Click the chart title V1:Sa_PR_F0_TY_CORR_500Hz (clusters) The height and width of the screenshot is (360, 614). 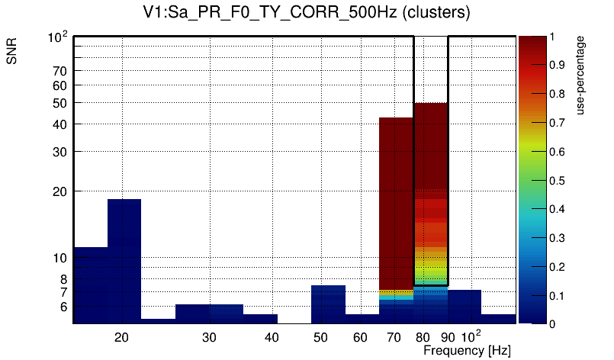pos(307,13)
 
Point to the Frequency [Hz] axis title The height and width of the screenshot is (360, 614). pos(467,350)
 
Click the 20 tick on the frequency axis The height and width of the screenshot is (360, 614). pos(121,336)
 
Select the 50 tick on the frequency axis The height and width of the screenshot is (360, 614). pos(320,336)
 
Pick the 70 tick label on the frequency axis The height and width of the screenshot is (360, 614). pos(394,336)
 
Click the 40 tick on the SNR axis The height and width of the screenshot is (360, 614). pos(60,124)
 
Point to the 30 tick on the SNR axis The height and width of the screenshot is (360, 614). pos(60,151)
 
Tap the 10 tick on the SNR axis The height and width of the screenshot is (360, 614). pos(60,258)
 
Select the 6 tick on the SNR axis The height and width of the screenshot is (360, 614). pos(63,307)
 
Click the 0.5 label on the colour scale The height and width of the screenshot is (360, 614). pos(558,181)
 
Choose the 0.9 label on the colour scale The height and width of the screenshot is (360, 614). pos(558,66)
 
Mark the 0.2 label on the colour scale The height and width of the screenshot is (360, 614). pos(558,267)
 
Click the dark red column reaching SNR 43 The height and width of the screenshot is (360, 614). pos(396,198)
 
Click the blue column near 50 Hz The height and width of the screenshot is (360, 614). pos(328,303)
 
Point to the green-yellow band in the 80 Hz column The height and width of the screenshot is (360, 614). pos(430,267)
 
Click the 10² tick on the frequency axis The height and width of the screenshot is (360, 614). pos(471,336)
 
